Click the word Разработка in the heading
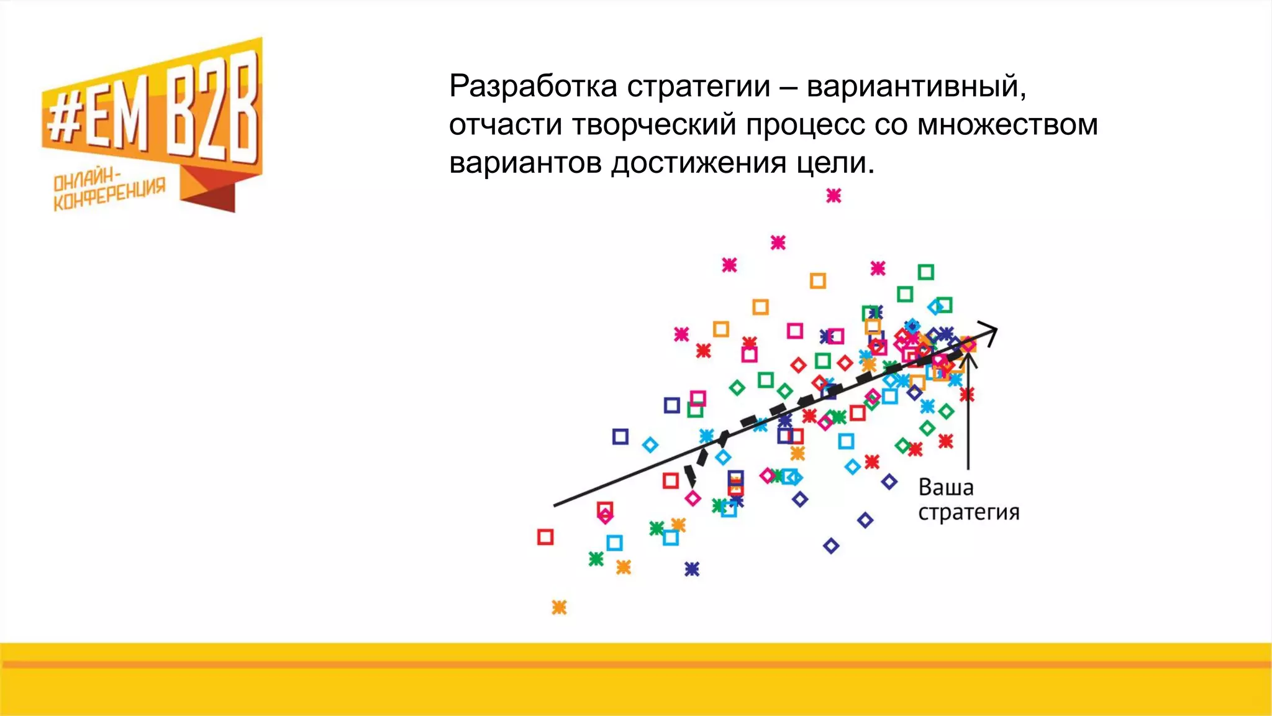coord(533,86)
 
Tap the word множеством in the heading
coord(1007,125)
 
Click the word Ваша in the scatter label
coord(945,487)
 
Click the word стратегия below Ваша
coord(968,513)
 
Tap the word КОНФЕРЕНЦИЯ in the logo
coord(109,195)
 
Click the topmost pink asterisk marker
coord(834,196)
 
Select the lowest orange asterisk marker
coord(559,607)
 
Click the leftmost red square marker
coord(545,537)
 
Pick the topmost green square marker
coord(925,272)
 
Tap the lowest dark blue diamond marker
coord(831,546)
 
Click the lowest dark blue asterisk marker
coord(692,569)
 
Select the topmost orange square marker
coord(818,281)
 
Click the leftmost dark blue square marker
coord(620,436)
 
